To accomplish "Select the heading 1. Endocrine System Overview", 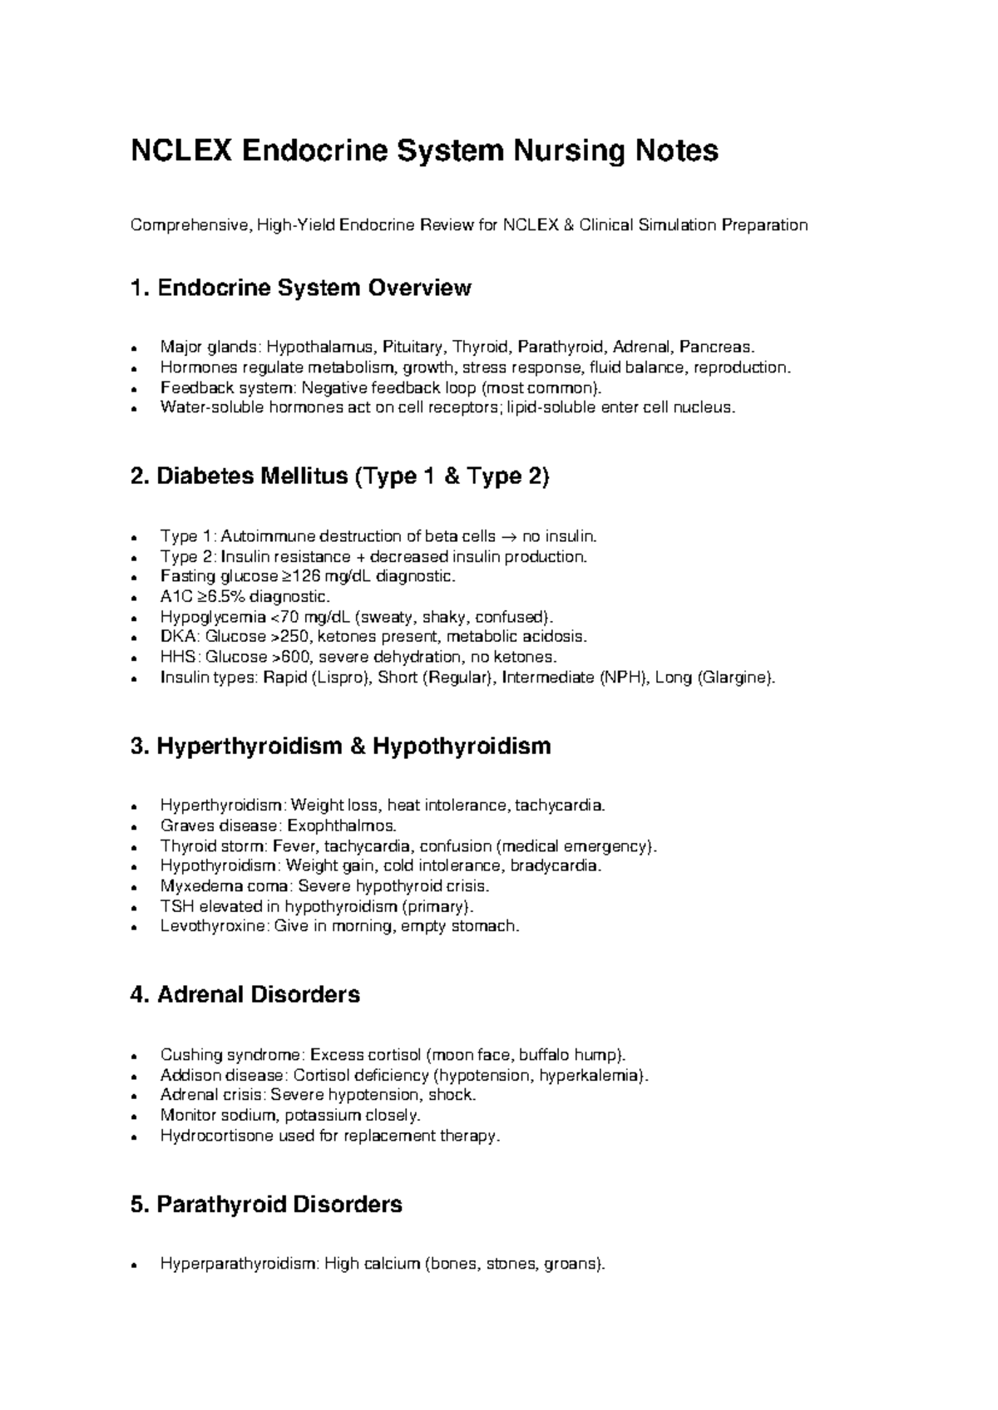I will coord(301,288).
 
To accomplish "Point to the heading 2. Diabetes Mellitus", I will coord(339,477).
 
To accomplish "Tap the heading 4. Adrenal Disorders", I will coord(245,995).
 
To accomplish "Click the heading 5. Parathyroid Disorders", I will coord(266,1205).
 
